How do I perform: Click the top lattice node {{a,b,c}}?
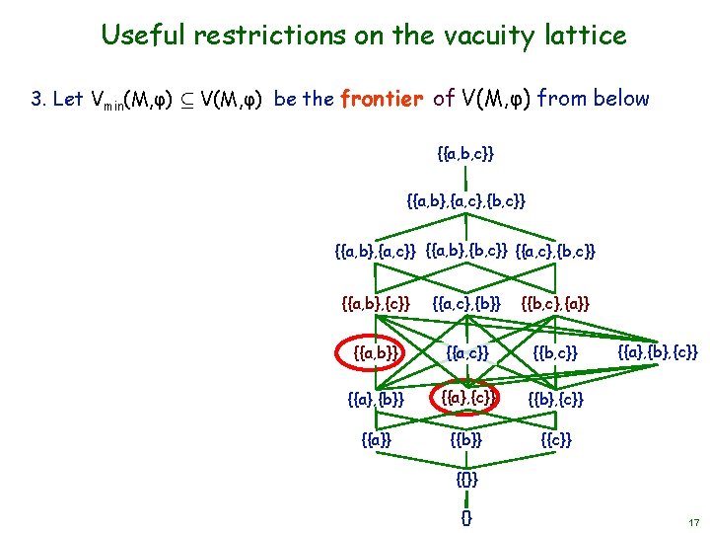point(464,154)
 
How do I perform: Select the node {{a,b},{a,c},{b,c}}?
point(465,201)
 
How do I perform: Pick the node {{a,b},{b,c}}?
point(467,251)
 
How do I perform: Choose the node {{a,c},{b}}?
point(466,303)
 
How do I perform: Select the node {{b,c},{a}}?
point(554,303)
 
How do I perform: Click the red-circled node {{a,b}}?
point(375,351)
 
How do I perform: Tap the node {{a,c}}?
point(466,351)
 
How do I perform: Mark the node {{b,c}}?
point(555,351)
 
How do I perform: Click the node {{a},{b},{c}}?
point(658,351)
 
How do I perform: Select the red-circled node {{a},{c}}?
point(466,398)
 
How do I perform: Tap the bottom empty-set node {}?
point(466,516)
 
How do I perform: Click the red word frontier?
point(382,99)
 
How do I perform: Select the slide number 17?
point(693,521)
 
